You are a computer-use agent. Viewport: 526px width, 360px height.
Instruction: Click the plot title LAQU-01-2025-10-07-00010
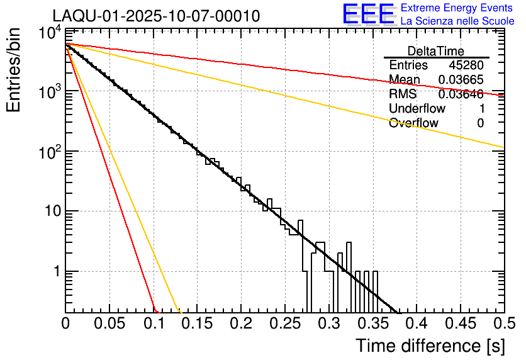point(155,16)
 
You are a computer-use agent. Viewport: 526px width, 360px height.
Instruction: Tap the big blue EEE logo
point(368,14)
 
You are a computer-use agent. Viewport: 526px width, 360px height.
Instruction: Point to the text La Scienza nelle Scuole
point(457,21)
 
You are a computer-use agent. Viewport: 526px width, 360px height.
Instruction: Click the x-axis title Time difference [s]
point(429,346)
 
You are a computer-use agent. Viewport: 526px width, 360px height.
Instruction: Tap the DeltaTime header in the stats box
point(436,51)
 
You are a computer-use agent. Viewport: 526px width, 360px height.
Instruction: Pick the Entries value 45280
point(466,65)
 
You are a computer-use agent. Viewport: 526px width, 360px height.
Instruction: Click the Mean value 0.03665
point(462,80)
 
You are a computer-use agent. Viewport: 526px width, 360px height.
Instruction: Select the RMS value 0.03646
point(461,94)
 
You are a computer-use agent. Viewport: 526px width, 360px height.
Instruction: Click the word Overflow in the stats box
point(413,123)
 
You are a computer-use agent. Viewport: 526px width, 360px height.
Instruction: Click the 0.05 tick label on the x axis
point(109,324)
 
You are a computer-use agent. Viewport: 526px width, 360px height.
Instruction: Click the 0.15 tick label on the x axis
point(197,324)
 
